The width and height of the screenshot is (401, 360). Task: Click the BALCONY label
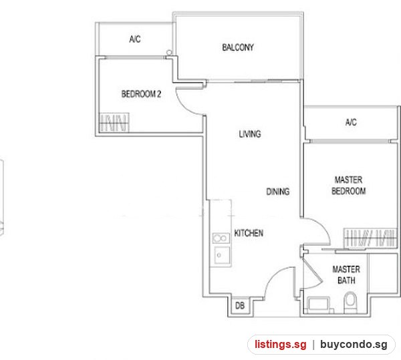tap(238, 47)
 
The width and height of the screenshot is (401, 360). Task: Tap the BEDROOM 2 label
tap(141, 94)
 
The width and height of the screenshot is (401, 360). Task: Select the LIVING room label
tap(250, 134)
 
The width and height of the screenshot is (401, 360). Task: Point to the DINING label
tap(278, 192)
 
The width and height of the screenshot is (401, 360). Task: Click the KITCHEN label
tap(249, 233)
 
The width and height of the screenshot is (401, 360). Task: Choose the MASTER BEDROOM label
tap(348, 186)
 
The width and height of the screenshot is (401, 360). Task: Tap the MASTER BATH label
tap(346, 275)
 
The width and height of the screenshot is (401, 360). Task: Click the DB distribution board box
tap(240, 306)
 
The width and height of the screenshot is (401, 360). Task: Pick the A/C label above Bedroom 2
tap(135, 39)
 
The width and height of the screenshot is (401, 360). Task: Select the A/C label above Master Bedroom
tap(351, 122)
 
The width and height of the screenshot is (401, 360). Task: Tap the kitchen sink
tap(222, 255)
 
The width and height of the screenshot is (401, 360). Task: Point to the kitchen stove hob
tap(221, 238)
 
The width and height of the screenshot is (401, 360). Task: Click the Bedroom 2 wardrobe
tap(114, 122)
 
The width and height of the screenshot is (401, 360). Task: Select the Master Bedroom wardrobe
tap(370, 238)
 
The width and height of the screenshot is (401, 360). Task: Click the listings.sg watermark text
tap(280, 345)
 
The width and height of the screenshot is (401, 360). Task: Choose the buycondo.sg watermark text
tap(354, 345)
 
